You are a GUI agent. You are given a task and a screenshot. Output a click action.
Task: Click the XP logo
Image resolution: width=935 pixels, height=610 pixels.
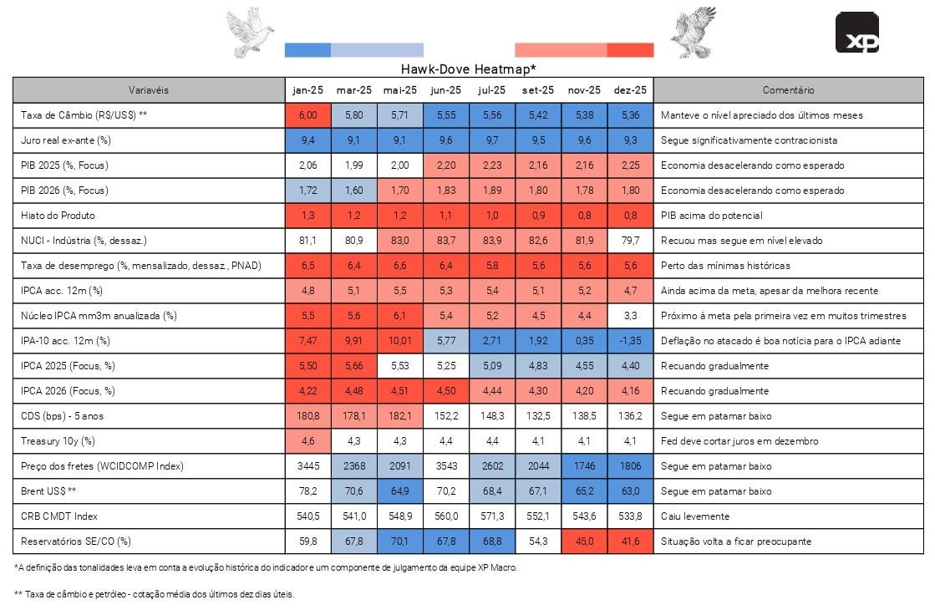(x=856, y=33)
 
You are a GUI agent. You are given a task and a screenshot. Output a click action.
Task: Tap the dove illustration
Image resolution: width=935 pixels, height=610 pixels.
(x=250, y=32)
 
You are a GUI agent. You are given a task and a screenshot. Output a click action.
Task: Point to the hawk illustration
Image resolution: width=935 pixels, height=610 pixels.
(x=693, y=33)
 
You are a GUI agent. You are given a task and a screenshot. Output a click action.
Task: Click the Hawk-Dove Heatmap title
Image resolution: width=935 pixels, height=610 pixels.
(x=468, y=69)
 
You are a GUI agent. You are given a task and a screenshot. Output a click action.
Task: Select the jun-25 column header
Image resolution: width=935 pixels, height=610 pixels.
(x=445, y=89)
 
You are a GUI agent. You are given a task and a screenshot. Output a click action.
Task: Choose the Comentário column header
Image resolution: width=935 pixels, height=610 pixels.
(x=788, y=89)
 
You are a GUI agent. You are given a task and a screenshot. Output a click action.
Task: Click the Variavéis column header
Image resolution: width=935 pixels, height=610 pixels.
(x=149, y=89)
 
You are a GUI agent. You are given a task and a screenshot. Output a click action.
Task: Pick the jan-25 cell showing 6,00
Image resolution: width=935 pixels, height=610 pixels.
(x=308, y=114)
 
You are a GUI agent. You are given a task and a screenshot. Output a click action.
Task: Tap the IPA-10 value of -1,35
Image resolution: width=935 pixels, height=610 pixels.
(x=629, y=340)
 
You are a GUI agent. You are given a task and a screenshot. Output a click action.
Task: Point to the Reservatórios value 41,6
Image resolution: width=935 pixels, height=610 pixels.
(x=629, y=541)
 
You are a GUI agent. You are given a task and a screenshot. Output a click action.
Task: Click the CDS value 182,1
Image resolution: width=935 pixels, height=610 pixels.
(x=399, y=416)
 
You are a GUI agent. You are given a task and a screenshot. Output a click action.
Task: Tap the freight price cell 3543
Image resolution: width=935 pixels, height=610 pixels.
(x=445, y=466)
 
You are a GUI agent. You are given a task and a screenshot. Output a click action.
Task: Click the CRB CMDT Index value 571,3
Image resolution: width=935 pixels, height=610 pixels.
(x=491, y=516)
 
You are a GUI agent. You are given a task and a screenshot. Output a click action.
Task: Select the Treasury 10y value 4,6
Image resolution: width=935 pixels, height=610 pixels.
(x=308, y=441)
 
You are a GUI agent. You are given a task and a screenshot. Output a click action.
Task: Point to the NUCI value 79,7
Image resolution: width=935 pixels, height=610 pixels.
(x=629, y=241)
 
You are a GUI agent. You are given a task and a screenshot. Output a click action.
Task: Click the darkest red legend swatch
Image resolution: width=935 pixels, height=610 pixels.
(x=630, y=50)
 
